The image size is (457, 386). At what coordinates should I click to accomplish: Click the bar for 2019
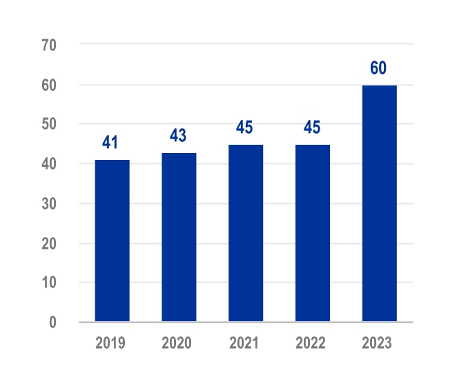click(112, 241)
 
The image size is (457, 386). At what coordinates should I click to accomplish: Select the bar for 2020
click(179, 237)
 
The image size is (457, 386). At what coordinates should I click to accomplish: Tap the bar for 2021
click(246, 233)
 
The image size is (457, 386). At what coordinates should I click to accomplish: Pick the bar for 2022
click(313, 233)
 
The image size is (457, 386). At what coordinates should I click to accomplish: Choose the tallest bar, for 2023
click(380, 203)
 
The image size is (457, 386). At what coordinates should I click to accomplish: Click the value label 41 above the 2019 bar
click(110, 143)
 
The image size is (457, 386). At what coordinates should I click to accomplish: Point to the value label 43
click(178, 135)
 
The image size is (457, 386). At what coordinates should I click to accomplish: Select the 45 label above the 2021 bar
click(245, 128)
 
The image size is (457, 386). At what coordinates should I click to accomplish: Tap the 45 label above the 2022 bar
click(312, 128)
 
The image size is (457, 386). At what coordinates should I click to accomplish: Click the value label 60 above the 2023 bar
click(378, 68)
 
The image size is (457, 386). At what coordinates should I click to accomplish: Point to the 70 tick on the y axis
click(49, 45)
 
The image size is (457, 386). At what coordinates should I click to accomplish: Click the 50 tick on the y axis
click(49, 125)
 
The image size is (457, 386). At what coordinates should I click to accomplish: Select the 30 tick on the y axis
click(49, 204)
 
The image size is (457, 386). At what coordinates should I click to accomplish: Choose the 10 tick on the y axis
click(49, 283)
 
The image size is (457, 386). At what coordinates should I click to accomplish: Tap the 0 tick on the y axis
click(52, 322)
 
